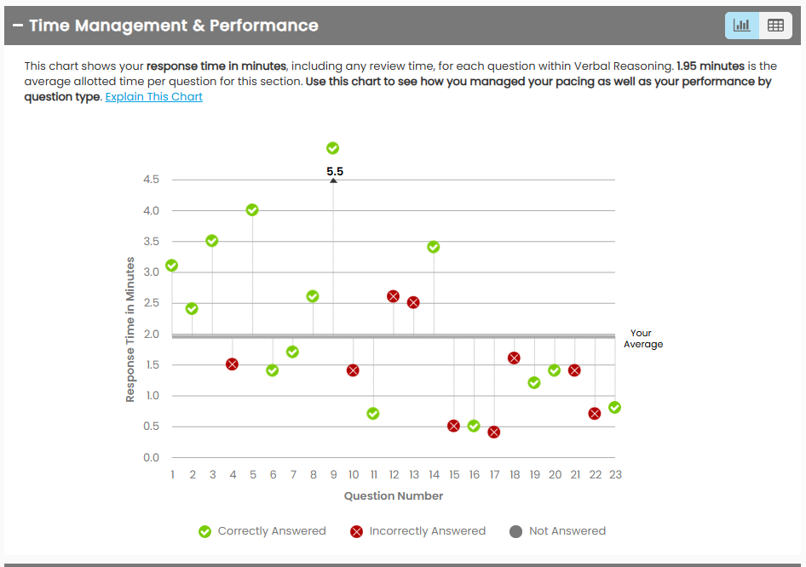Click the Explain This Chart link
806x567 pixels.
(153, 97)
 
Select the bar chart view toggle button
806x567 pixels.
(742, 26)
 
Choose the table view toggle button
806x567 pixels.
(775, 26)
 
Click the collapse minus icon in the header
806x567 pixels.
(17, 26)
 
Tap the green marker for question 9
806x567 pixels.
(333, 148)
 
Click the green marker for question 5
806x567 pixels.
(252, 210)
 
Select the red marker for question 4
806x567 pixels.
(232, 364)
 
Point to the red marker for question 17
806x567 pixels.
(494, 432)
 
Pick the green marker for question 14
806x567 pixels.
(434, 247)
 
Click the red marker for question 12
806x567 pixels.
(394, 296)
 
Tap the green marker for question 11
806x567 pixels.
(373, 414)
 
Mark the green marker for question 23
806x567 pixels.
(615, 408)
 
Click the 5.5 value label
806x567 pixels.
(335, 172)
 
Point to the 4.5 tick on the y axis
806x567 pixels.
(152, 180)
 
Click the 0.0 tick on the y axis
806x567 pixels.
(152, 458)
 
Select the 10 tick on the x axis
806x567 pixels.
(354, 475)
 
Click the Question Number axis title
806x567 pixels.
(394, 496)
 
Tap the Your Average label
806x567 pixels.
(642, 339)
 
